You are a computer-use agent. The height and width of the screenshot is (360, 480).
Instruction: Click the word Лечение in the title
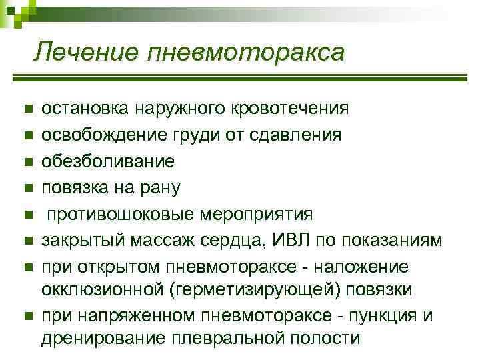click(x=86, y=51)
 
